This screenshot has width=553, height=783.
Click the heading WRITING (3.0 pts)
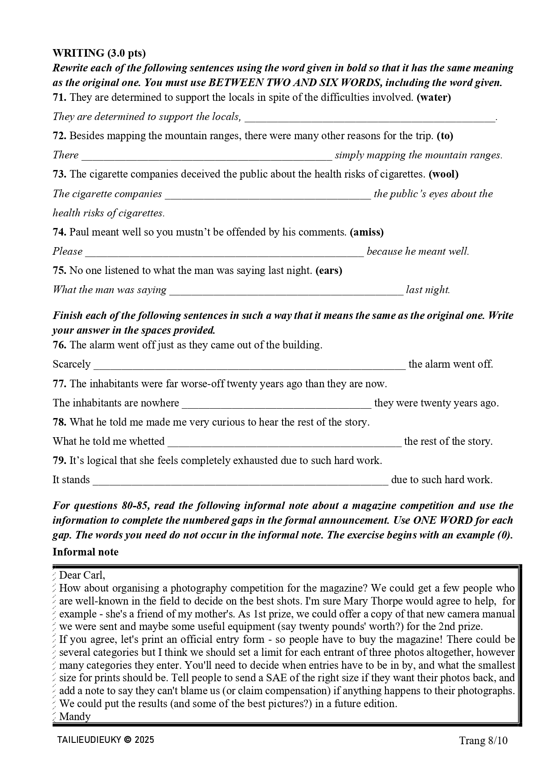pos(99,53)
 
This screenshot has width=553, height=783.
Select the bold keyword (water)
pos(434,97)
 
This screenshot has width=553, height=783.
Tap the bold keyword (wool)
pos(443,174)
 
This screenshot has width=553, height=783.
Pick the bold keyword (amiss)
pos(367,232)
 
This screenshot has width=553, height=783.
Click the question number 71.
pos(60,97)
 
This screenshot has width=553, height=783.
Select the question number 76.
pos(60,345)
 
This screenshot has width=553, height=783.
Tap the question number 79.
pos(60,460)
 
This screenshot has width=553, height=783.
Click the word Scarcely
pos(71,365)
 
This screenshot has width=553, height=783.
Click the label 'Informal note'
pos(86,552)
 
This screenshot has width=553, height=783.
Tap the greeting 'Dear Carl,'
pos(82,575)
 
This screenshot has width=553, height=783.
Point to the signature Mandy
pos(75,717)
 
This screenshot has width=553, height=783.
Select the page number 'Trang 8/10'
pos(483,741)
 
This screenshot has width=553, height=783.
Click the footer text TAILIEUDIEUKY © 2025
pos(106,740)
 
